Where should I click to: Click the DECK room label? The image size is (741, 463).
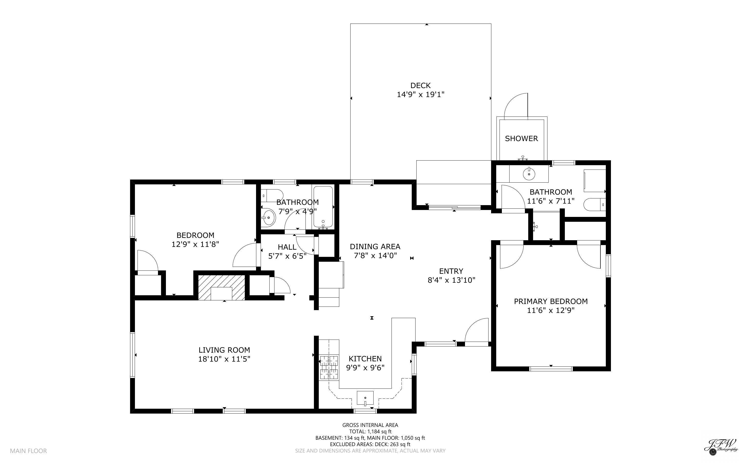click(x=420, y=86)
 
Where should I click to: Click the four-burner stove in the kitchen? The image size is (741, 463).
click(x=329, y=367)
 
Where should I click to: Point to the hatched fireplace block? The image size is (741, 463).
click(x=221, y=287)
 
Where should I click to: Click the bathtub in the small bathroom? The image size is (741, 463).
click(x=323, y=207)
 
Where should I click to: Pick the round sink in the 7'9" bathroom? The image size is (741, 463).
click(x=268, y=217)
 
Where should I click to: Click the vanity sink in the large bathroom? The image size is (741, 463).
click(x=529, y=174)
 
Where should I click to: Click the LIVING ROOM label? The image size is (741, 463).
click(x=224, y=350)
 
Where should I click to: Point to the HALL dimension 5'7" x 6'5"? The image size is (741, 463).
click(x=287, y=256)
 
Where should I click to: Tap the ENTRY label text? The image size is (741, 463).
click(x=451, y=271)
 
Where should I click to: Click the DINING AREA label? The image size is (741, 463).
click(x=375, y=247)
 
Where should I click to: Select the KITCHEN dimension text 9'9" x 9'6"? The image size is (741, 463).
click(x=365, y=368)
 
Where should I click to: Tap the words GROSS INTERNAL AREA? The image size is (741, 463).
click(x=370, y=425)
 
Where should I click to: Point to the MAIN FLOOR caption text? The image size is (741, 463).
click(x=28, y=451)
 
